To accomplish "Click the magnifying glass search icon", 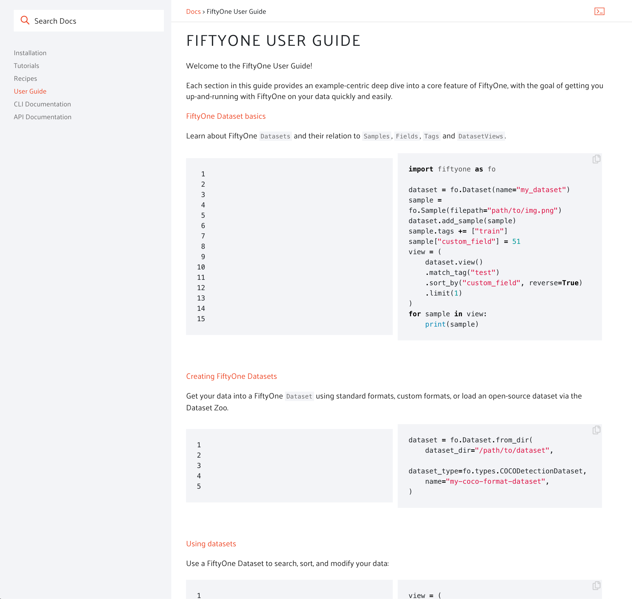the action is tap(25, 20).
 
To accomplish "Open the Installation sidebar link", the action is tap(30, 53).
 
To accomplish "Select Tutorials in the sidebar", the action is tap(27, 66).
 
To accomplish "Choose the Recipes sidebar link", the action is tap(26, 79).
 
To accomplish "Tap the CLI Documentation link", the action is tap(42, 104).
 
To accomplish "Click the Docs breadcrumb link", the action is tap(193, 12).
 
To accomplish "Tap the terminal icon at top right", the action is tap(599, 12).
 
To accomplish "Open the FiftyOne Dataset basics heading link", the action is tap(226, 116).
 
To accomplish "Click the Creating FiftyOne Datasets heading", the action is tap(232, 376).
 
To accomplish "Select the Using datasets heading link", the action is tap(211, 544).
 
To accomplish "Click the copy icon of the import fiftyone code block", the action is tap(596, 159).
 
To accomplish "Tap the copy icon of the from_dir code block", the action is tap(596, 430).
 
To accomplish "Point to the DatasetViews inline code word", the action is tap(481, 136).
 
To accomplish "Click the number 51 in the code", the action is tap(516, 242).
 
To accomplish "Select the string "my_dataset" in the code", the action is tap(541, 190).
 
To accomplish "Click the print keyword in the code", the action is tap(435, 324).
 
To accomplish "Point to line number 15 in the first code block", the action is tap(201, 319).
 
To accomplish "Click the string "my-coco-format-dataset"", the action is tap(495, 482).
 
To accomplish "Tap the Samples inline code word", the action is tap(377, 136).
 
